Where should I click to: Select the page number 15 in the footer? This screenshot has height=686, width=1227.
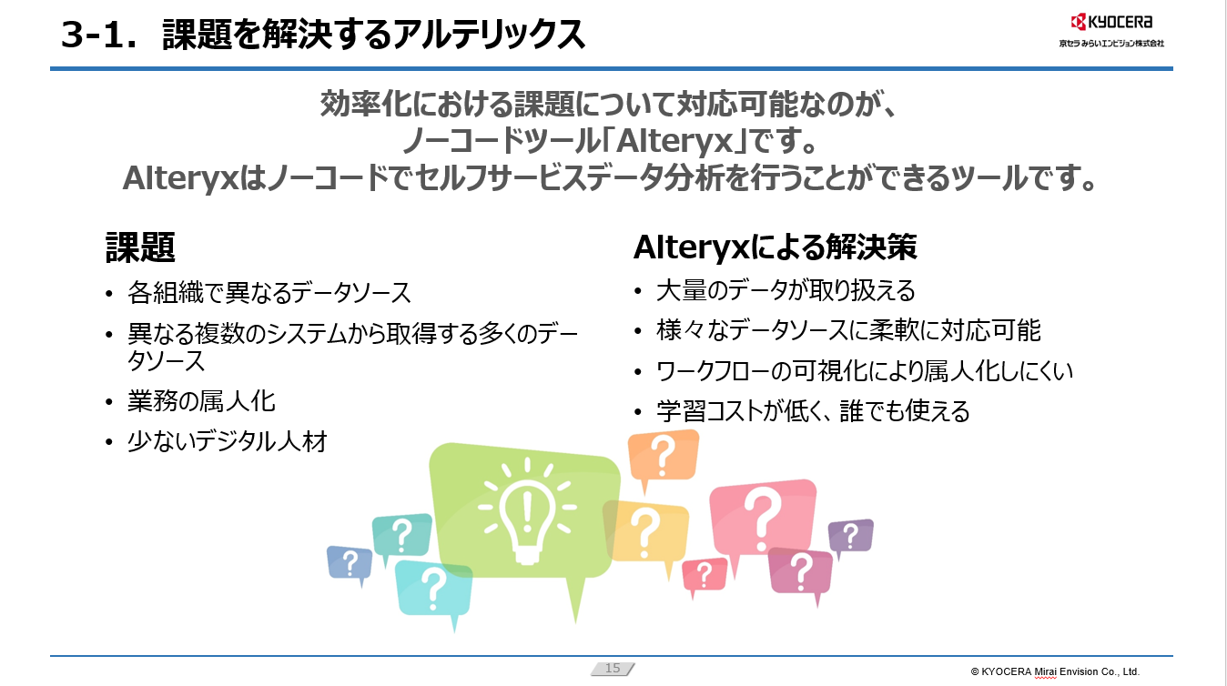pyautogui.click(x=613, y=669)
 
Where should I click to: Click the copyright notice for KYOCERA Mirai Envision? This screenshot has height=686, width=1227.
pyautogui.click(x=1055, y=671)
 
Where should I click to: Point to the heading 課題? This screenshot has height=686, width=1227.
pyautogui.click(x=141, y=247)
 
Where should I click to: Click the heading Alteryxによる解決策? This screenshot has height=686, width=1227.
pyautogui.click(x=775, y=247)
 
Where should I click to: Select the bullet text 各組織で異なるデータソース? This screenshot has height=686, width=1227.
pyautogui.click(x=269, y=293)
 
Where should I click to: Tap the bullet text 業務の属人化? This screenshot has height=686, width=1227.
pyautogui.click(x=201, y=401)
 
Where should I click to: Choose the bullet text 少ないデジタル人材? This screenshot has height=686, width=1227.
pyautogui.click(x=228, y=442)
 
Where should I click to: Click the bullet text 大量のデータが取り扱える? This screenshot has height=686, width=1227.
pyautogui.click(x=786, y=290)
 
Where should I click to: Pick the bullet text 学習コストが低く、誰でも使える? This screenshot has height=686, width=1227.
pyautogui.click(x=813, y=411)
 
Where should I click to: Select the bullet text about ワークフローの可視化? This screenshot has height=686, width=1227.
pyautogui.click(x=865, y=371)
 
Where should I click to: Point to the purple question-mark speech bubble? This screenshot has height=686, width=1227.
pyautogui.click(x=850, y=536)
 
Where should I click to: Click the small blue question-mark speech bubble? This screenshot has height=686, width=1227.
pyautogui.click(x=350, y=562)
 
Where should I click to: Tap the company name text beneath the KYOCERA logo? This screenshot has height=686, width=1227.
pyautogui.click(x=1110, y=43)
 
